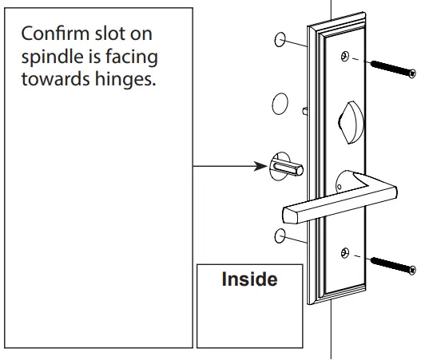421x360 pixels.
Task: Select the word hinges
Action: [119, 82]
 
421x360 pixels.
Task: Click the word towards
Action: [54, 82]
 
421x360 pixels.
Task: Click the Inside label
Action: [248, 280]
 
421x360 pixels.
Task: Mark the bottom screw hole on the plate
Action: [344, 253]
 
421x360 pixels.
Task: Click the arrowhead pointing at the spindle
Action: [261, 167]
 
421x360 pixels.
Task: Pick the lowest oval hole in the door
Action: [280, 235]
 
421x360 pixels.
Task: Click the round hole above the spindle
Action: [279, 103]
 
